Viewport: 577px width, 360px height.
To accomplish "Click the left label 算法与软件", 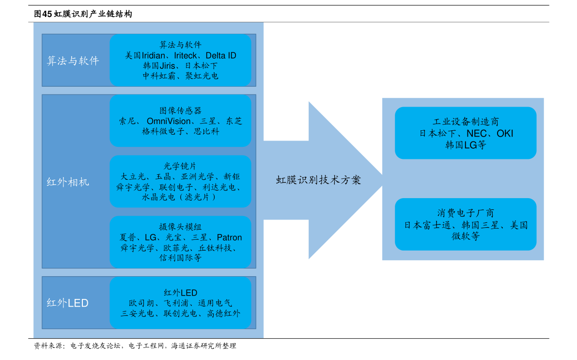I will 73,61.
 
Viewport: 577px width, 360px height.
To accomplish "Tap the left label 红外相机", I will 68,182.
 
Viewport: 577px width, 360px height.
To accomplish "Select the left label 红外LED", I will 67,303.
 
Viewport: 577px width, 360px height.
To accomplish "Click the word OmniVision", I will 169,121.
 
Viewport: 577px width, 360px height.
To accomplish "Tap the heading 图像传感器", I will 180,110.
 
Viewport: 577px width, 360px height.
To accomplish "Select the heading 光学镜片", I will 180,166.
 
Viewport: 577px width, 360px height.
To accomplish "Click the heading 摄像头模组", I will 180,227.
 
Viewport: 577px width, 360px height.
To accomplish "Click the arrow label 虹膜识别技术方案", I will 318,180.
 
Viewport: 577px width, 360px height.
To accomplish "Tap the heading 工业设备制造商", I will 466,122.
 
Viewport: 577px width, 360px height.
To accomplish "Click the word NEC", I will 476,133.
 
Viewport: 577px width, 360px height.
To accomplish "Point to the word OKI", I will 505,133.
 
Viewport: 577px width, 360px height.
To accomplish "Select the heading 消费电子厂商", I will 466,213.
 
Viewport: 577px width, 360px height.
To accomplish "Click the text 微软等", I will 466,236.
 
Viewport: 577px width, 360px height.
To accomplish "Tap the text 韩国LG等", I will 466,145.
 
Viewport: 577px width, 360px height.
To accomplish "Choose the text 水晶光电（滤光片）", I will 179,198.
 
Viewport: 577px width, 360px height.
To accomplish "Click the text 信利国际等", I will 180,258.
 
